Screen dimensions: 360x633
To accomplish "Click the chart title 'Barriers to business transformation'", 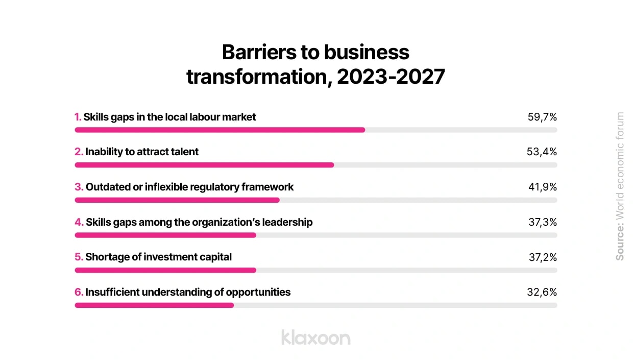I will tap(315, 64).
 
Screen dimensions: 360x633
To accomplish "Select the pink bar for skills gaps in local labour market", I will tap(220, 130).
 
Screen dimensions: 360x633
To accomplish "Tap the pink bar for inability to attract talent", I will tap(204, 165).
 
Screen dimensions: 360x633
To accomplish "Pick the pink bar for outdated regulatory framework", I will tap(177, 200).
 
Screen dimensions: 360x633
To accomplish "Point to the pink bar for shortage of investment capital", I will tap(165, 270).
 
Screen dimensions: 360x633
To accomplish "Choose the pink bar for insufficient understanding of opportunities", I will tap(154, 305).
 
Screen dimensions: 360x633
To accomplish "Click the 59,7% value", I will tap(542, 117).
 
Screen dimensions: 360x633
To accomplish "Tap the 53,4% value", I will tap(542, 152).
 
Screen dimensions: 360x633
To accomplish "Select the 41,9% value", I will tap(542, 187).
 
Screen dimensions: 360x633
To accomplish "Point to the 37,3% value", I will tap(542, 222).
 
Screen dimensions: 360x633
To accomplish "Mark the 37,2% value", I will tap(542, 257).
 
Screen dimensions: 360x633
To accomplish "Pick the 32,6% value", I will tap(542, 292).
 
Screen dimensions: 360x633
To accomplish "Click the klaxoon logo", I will tap(315, 337).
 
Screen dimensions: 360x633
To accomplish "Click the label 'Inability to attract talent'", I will tap(142, 152).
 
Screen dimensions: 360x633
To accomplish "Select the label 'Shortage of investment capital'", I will tap(158, 257).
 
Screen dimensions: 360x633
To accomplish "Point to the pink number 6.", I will tap(78, 292).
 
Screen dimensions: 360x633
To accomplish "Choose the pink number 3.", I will tap(78, 187).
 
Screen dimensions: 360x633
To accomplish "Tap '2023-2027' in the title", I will tap(391, 78).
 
